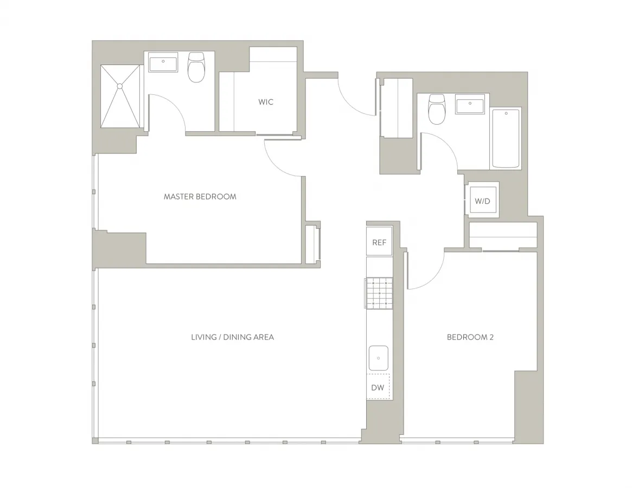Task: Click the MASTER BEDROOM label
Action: (x=200, y=196)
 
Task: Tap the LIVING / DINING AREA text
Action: (x=232, y=337)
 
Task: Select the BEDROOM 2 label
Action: (x=470, y=337)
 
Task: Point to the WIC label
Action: (x=266, y=102)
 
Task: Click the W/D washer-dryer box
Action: (x=482, y=201)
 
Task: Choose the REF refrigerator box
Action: (x=379, y=242)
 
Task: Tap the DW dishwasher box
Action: (x=378, y=387)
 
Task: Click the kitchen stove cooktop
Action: (x=379, y=293)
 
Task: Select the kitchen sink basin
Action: (x=378, y=358)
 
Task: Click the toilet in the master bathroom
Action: (x=196, y=68)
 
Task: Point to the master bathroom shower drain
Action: (x=120, y=86)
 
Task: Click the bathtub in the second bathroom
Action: (x=506, y=138)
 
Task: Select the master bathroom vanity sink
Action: (x=163, y=63)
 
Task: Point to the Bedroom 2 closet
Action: (x=502, y=236)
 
